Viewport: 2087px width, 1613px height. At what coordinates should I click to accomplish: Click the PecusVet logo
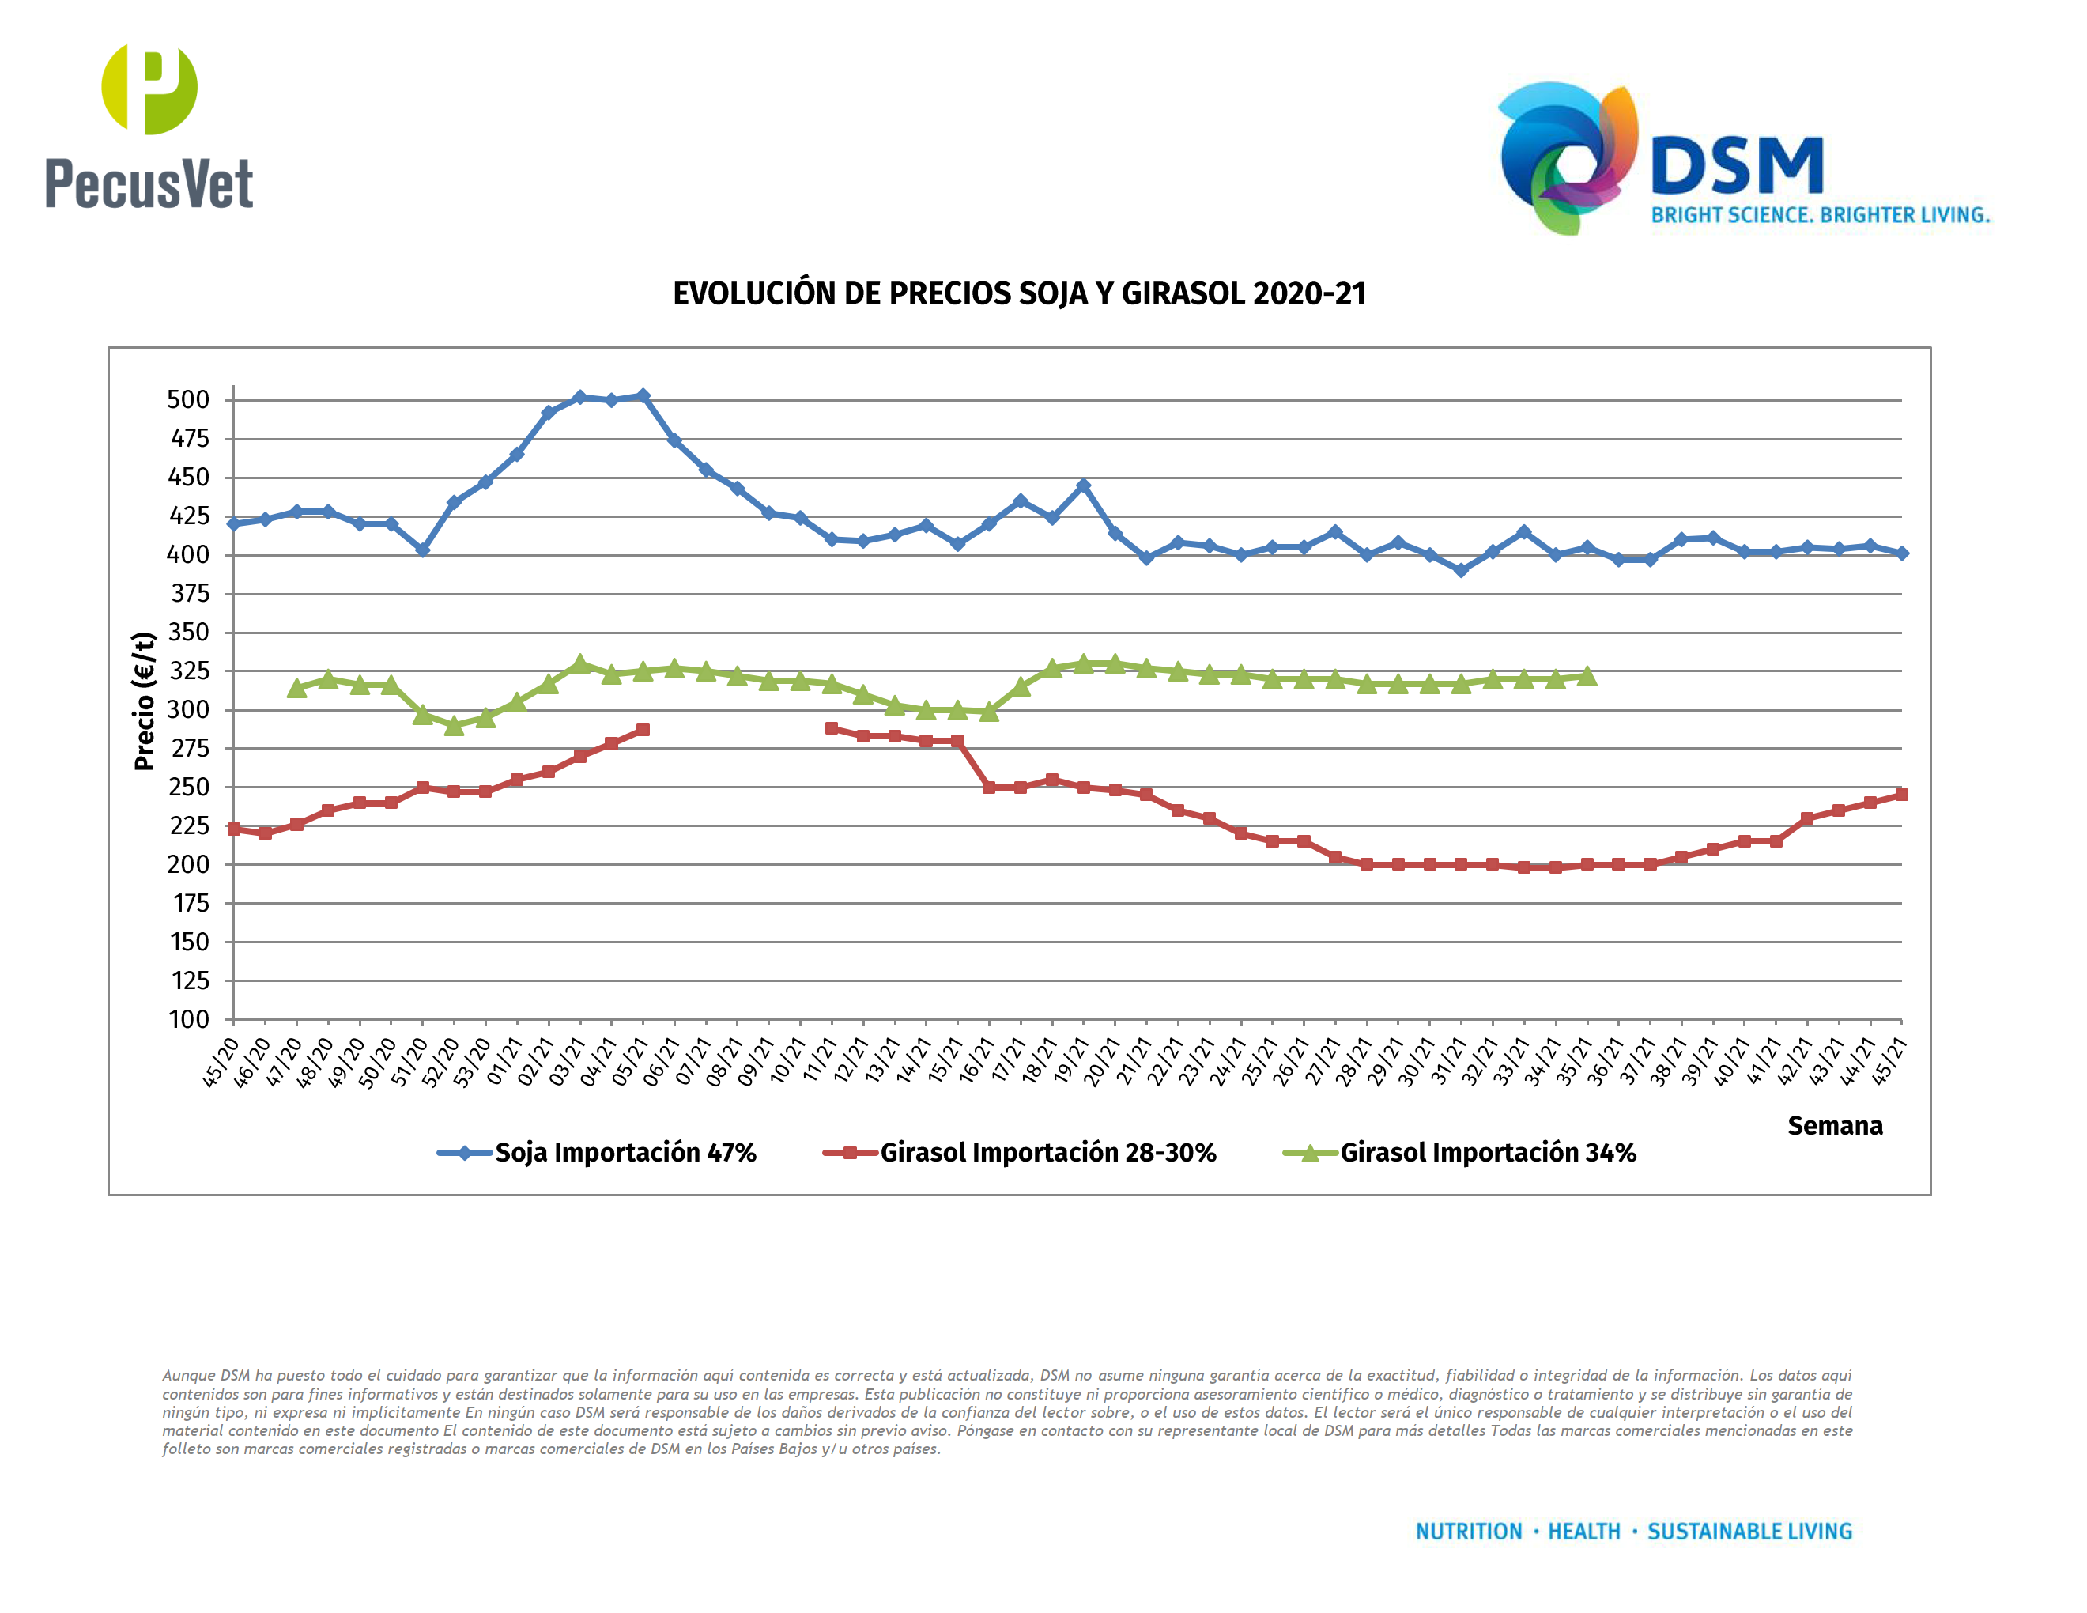(149, 127)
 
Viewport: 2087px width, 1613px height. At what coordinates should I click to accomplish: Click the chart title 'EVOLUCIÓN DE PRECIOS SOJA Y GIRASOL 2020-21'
(1019, 293)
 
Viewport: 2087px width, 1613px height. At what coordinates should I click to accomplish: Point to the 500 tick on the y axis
(188, 399)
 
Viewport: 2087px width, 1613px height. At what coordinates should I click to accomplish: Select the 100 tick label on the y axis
(189, 1020)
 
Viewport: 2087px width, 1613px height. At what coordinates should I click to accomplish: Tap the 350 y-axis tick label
(188, 632)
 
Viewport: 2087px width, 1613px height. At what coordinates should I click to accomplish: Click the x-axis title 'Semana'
(1834, 1126)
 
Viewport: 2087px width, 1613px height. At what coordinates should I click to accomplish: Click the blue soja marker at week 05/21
(642, 395)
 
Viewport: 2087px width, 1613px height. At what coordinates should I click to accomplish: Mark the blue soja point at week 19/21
(1083, 486)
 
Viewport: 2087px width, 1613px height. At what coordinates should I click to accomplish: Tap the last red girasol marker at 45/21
(1900, 794)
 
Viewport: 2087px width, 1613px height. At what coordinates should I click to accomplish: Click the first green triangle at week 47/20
(296, 688)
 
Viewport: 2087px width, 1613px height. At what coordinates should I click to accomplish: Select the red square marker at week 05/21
(642, 730)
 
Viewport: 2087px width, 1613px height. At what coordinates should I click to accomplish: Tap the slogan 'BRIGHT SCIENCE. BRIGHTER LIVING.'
(1820, 215)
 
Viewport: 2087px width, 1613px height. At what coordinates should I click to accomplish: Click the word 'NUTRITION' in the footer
(1468, 1532)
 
